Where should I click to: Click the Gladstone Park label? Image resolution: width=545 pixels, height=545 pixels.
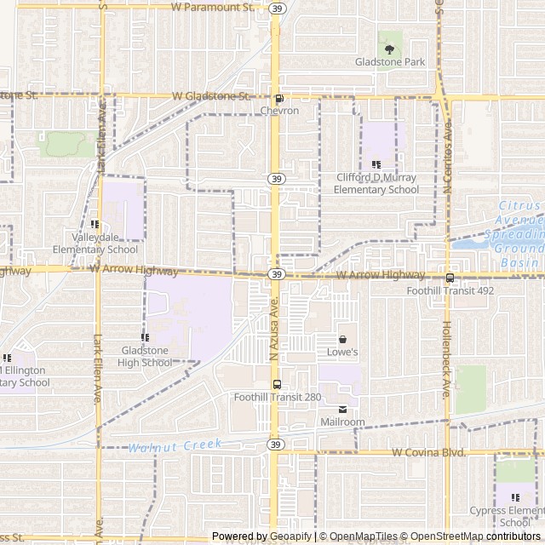coord(390,62)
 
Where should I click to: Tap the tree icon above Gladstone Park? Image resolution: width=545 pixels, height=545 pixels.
coord(390,38)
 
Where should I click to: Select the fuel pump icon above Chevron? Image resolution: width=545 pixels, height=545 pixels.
coord(279,99)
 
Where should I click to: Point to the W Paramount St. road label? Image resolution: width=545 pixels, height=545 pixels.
coord(213,7)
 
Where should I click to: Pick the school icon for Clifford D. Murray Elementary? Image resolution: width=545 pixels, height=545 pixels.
coord(376,164)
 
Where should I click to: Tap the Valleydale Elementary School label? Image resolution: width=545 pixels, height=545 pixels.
coord(95,244)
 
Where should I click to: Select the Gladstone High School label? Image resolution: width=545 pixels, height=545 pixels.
coord(144,357)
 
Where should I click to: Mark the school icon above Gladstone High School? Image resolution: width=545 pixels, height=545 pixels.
coord(144,338)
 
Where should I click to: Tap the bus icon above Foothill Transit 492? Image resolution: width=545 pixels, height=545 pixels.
coord(450,277)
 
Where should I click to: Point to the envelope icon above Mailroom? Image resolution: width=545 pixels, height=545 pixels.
coord(342,410)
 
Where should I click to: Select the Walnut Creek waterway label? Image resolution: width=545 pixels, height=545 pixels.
coord(175,445)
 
